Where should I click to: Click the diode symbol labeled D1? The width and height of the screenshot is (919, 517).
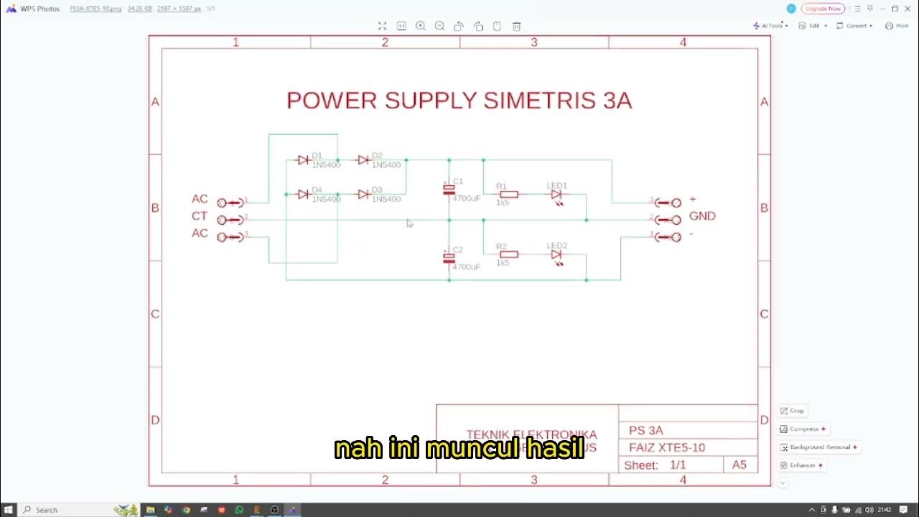(x=303, y=160)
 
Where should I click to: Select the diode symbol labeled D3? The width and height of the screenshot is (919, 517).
(x=363, y=195)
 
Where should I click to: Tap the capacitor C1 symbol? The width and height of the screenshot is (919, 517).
(x=449, y=190)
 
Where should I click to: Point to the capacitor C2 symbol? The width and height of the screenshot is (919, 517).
(x=449, y=258)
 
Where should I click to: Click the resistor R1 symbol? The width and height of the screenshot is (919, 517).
(x=508, y=194)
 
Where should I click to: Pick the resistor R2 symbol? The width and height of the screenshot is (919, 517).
(x=508, y=254)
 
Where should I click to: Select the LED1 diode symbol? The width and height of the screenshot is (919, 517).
(x=556, y=195)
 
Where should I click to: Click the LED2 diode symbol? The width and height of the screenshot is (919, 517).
(x=556, y=255)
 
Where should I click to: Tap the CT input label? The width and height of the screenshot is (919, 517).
(x=200, y=216)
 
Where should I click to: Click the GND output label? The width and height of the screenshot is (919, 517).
(x=702, y=216)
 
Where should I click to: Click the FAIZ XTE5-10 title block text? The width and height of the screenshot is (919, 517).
(x=667, y=447)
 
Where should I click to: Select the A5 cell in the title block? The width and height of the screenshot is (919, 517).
(x=740, y=465)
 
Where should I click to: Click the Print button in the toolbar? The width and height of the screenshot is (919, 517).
(x=897, y=26)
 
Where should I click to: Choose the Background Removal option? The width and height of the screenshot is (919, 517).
(x=819, y=447)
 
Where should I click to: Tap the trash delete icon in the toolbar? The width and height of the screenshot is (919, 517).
(x=516, y=26)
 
